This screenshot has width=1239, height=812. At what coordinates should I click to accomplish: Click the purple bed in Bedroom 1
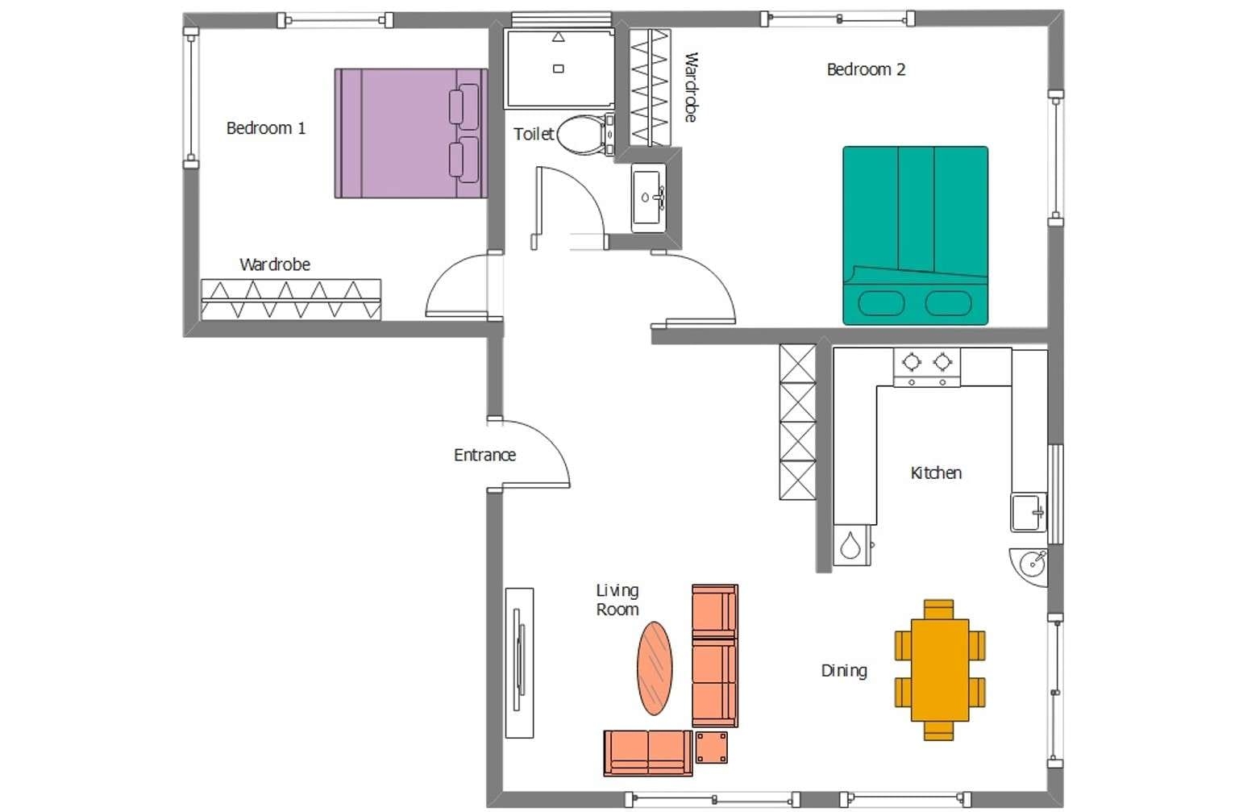coord(410,133)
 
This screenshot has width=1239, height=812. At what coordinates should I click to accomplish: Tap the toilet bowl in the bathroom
coord(579,135)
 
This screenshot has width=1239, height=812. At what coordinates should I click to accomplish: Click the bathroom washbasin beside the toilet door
coord(648,198)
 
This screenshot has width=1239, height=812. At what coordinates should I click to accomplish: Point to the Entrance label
coord(484,455)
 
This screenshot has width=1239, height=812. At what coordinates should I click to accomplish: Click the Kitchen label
coord(935,473)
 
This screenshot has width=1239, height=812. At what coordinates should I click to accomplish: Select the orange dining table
coord(940,669)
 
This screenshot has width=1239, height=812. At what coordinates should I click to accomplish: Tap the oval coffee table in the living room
coord(655,668)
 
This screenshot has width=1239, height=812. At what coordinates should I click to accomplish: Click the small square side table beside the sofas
coord(711,747)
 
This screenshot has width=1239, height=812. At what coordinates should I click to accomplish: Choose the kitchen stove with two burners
coord(926,367)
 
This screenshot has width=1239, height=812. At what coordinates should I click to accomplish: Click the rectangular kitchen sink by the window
coord(1028,513)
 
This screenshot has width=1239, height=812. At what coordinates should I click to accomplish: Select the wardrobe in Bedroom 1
coord(290,299)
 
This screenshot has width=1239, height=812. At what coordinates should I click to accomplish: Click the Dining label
coord(843,670)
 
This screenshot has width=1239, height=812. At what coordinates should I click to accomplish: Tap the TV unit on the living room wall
coord(519,662)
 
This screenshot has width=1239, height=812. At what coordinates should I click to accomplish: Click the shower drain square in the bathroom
coord(558,69)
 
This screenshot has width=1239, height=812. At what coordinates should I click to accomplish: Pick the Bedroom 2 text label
coord(866,69)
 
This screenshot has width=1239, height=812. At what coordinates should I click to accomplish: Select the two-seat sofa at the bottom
coord(647,752)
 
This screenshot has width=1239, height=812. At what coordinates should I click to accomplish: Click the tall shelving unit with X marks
coord(797,422)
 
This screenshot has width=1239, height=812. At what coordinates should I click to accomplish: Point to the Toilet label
coord(533,134)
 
